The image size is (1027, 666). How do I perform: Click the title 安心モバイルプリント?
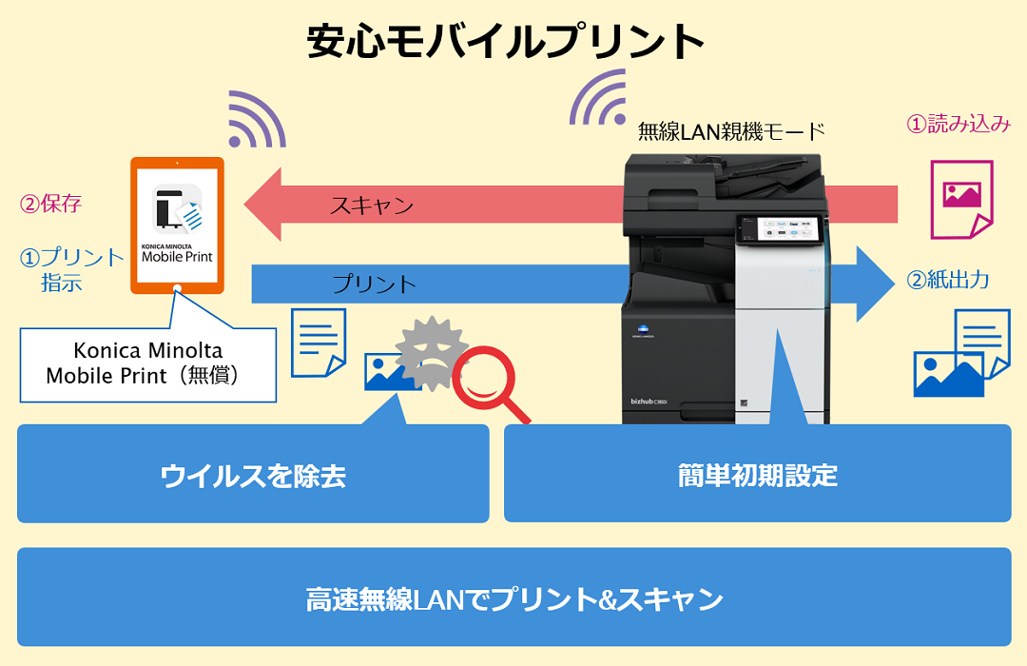[x=505, y=42]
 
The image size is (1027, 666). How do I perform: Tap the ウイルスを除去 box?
[x=253, y=474]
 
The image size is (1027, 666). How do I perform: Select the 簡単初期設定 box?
[x=757, y=474]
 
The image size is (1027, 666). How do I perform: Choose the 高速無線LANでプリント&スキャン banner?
[x=513, y=597]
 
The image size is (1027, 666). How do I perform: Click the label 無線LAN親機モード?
[x=731, y=131]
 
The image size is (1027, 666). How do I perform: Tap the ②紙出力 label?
[x=948, y=280]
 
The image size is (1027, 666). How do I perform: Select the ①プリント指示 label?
[x=72, y=269]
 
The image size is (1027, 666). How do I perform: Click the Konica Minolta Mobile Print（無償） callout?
[x=148, y=362]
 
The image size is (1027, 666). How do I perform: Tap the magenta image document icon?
[x=960, y=196]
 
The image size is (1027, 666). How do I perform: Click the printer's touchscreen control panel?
[x=778, y=228]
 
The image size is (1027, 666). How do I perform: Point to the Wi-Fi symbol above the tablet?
[x=255, y=121]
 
